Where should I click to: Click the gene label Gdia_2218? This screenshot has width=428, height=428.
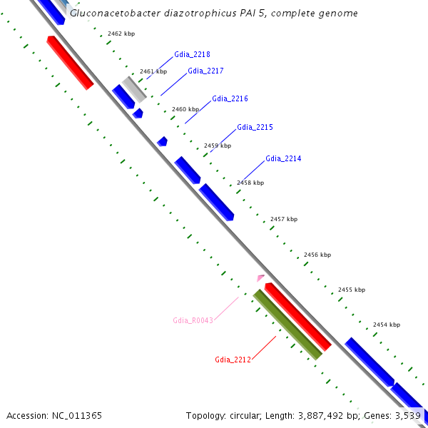point(192,54)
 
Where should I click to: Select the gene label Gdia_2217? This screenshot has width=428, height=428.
point(205,71)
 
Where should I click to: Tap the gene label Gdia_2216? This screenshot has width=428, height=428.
point(230,98)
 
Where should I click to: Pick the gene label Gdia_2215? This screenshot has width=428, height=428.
point(255,127)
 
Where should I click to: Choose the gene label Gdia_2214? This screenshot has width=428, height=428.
point(283,158)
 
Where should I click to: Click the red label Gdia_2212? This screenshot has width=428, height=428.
point(233,360)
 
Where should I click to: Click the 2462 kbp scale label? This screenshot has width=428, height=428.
point(121,34)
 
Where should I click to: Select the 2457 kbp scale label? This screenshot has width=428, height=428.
point(284,219)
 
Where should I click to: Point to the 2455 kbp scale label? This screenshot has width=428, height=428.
point(352,290)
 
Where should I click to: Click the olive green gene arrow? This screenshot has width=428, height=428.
point(288,324)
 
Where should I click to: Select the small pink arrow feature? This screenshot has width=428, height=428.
point(261,277)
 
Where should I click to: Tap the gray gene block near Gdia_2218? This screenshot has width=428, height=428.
point(134,88)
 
